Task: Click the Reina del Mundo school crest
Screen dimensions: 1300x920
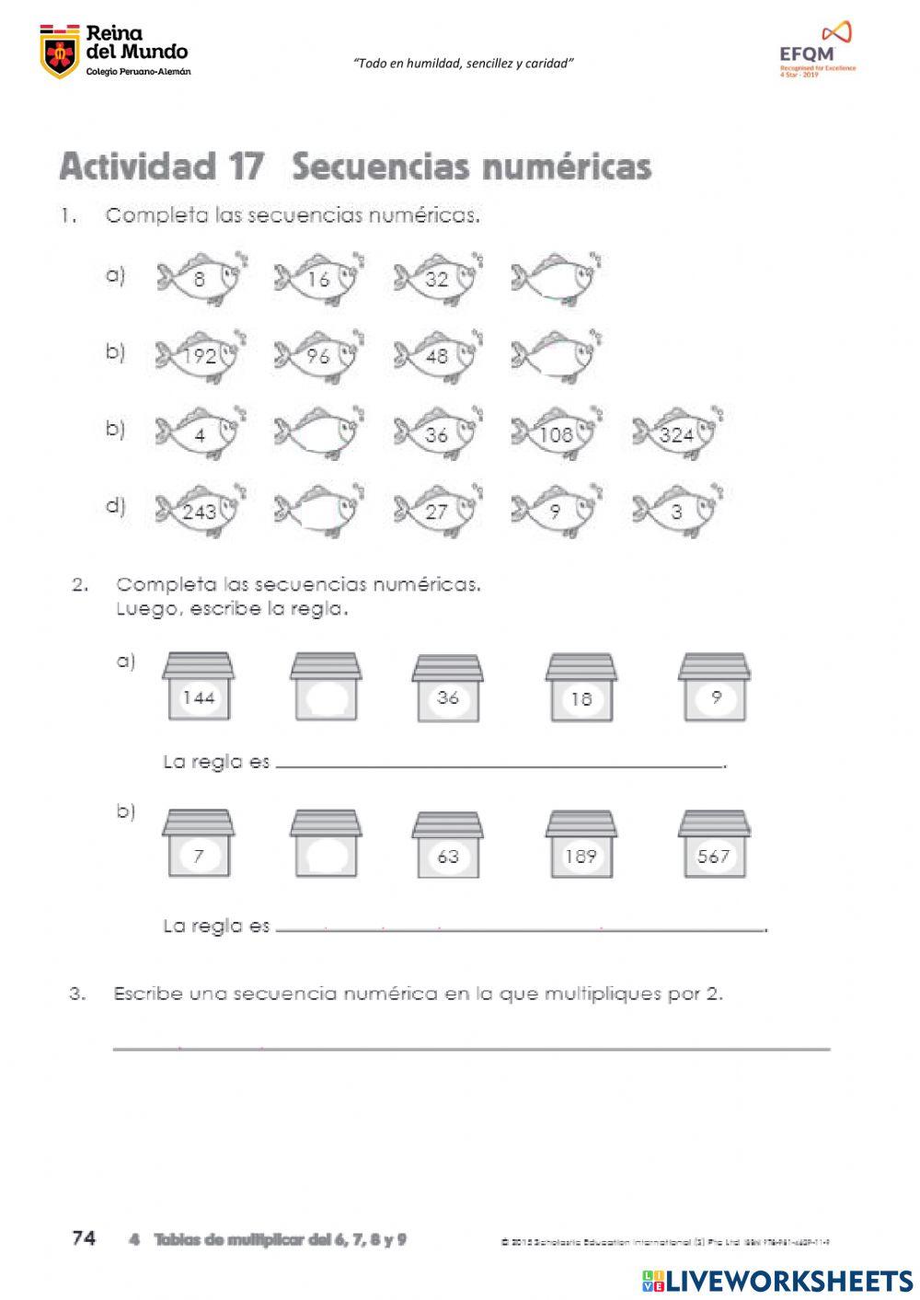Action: click(x=60, y=53)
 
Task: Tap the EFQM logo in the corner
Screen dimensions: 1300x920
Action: click(x=817, y=51)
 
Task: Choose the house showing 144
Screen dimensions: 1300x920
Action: click(x=198, y=688)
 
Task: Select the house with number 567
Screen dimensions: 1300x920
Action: click(x=714, y=845)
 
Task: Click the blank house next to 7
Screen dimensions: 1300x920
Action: click(x=326, y=845)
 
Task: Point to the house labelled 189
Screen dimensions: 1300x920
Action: click(x=581, y=845)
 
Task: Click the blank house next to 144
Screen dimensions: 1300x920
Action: click(x=326, y=688)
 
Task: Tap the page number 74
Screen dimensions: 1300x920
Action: click(x=84, y=1238)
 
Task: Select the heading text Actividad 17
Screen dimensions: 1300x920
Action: click(x=161, y=167)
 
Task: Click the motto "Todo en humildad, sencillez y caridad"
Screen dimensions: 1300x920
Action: click(x=464, y=63)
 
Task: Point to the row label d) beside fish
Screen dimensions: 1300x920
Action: click(x=115, y=505)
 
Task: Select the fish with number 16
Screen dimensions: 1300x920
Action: click(x=317, y=278)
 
